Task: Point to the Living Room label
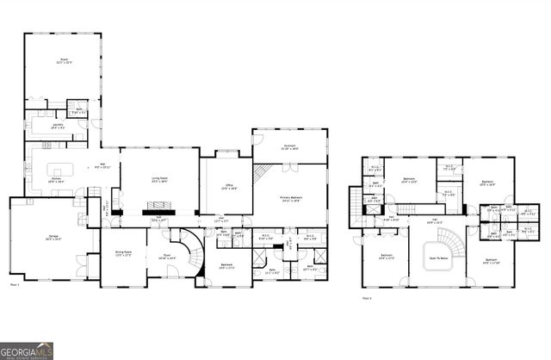(x=160, y=181)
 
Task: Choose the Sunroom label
(x=291, y=147)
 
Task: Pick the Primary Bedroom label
(x=290, y=199)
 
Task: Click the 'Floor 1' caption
(x=15, y=283)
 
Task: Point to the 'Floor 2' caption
(x=367, y=297)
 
